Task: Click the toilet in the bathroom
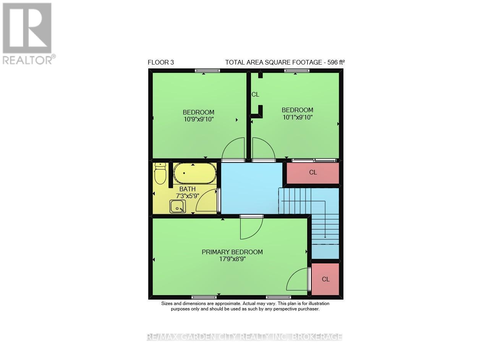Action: [x=160, y=174]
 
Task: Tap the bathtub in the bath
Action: [x=194, y=174]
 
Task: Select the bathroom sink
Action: [x=178, y=207]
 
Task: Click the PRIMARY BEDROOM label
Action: [x=232, y=252]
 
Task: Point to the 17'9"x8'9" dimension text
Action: [x=232, y=259]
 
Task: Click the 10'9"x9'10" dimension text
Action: [x=198, y=119]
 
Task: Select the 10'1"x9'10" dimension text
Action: [x=297, y=117]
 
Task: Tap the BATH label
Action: [x=187, y=189]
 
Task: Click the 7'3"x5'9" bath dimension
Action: [x=187, y=196]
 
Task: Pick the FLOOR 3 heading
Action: [x=160, y=62]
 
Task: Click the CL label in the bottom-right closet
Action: [x=325, y=279]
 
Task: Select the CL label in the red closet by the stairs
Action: [x=313, y=173]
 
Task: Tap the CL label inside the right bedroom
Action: [x=255, y=95]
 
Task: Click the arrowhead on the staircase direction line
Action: [x=325, y=236]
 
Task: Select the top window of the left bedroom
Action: [x=207, y=70]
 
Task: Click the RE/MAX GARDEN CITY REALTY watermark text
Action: [x=244, y=337]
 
